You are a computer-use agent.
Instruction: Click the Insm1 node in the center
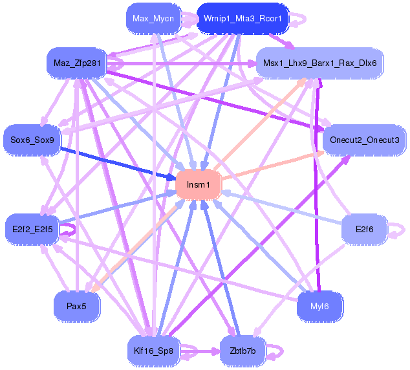pyautogui.click(x=199, y=185)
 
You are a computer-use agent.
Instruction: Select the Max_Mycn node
pyautogui.click(x=153, y=18)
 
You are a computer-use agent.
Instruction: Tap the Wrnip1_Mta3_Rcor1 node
pyautogui.click(x=243, y=18)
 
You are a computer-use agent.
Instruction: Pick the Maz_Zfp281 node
pyautogui.click(x=76, y=63)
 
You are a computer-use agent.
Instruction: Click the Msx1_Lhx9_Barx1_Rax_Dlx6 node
pyautogui.click(x=320, y=63)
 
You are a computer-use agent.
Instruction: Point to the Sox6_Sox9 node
pyautogui.click(x=32, y=140)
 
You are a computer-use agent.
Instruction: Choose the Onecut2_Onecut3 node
pyautogui.click(x=364, y=140)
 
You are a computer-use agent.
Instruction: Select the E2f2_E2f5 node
pyautogui.click(x=32, y=228)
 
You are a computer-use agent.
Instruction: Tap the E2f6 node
pyautogui.click(x=364, y=228)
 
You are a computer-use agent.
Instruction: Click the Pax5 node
pyautogui.click(x=76, y=305)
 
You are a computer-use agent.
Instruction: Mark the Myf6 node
pyautogui.click(x=319, y=305)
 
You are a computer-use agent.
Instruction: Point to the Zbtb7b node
pyautogui.click(x=243, y=351)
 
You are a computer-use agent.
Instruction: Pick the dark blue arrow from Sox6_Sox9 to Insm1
pyautogui.click(x=116, y=162)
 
